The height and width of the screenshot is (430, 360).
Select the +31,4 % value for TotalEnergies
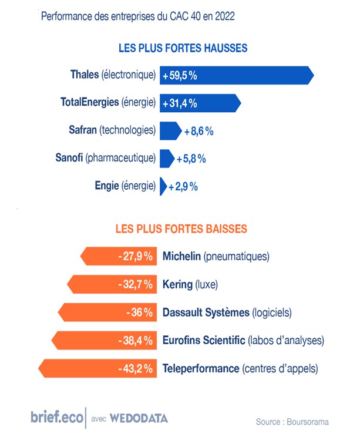(x=180, y=103)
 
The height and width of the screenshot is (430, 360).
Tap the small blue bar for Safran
(x=170, y=130)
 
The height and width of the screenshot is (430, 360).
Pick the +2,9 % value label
(x=183, y=186)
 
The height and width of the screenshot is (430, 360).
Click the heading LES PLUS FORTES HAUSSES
(x=183, y=48)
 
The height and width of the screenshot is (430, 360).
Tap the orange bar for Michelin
(x=117, y=256)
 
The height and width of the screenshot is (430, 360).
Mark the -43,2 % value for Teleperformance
(x=135, y=369)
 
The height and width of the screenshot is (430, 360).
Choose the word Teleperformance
(x=200, y=369)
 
